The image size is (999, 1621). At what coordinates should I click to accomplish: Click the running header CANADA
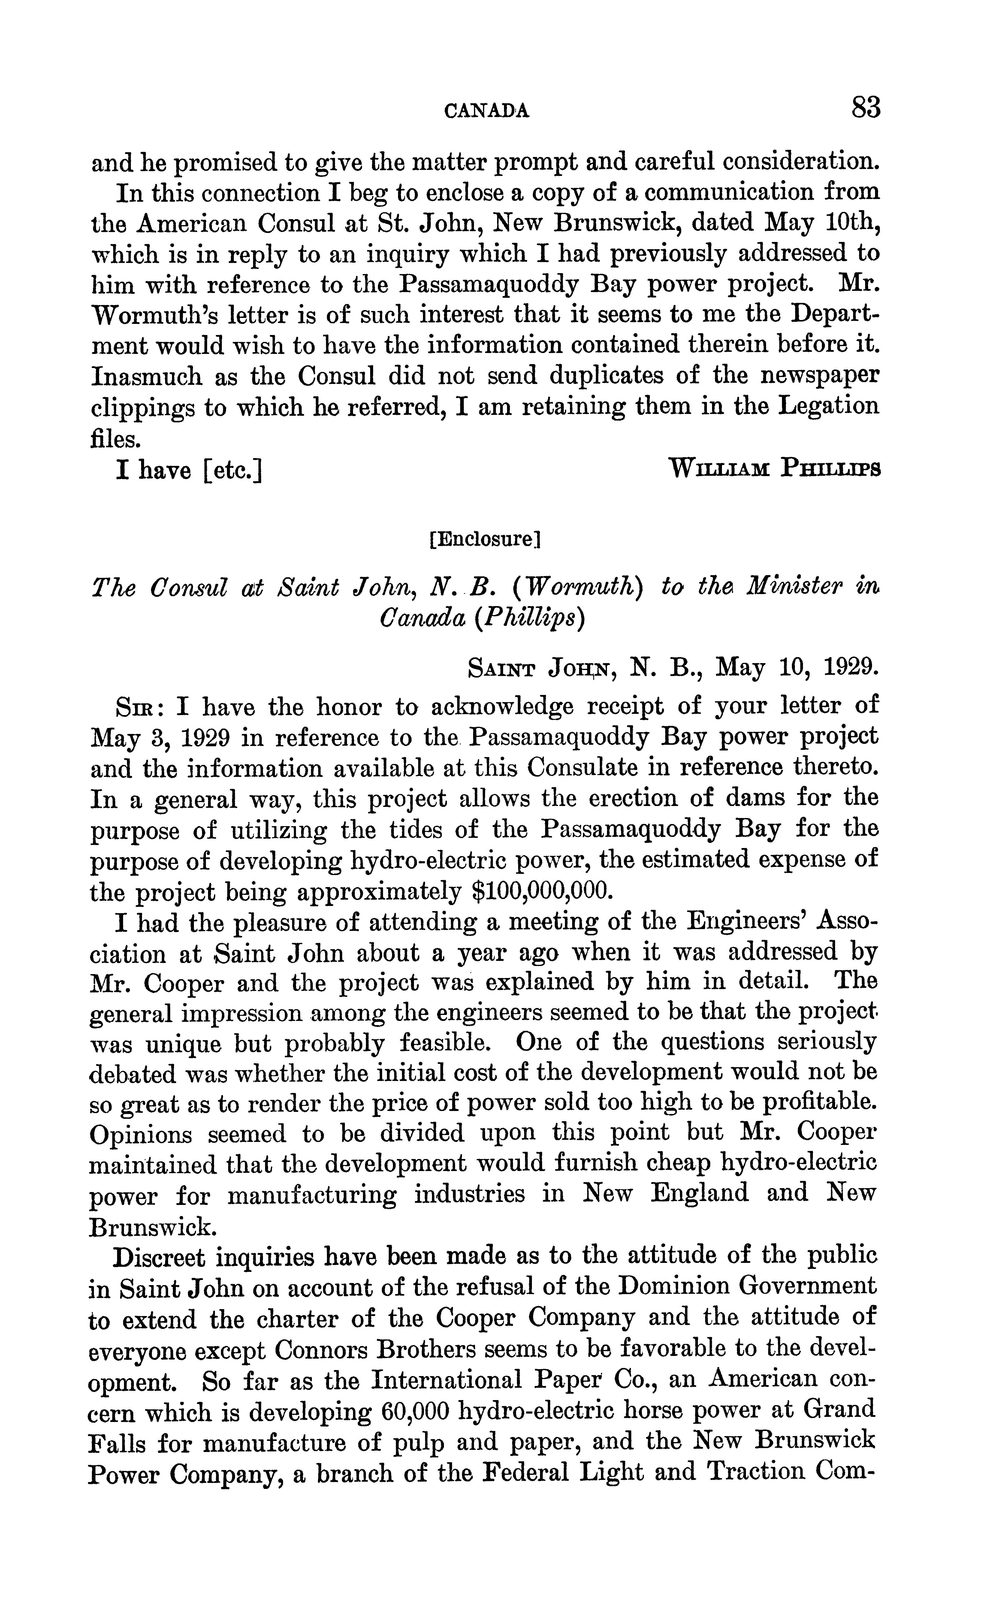pos(487,111)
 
